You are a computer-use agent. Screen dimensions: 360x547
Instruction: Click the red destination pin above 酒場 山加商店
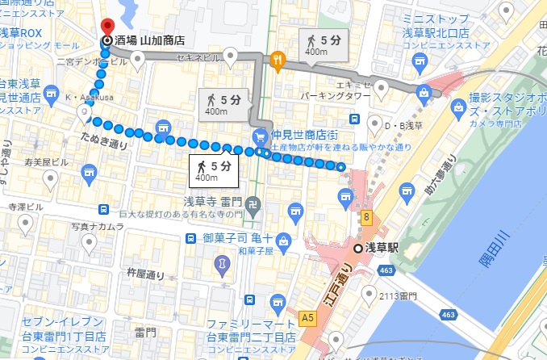pos(105,25)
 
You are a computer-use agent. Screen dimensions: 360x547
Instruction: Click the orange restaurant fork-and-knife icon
pos(278,58)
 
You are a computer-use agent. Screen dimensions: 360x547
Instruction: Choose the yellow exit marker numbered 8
pos(366,216)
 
